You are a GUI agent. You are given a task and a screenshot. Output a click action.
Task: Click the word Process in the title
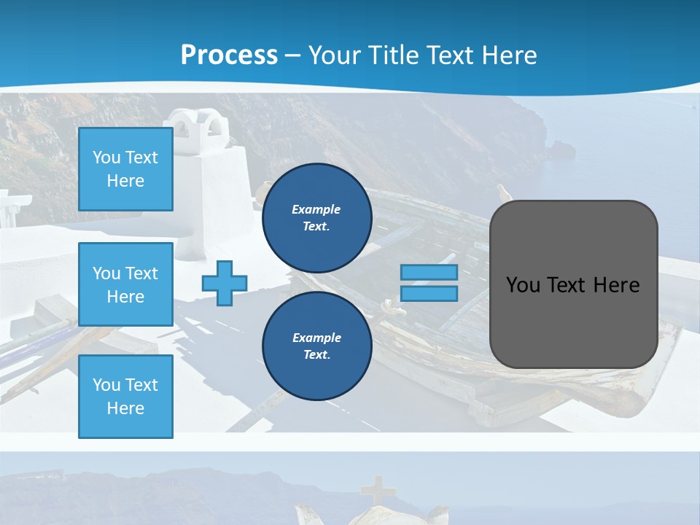229,55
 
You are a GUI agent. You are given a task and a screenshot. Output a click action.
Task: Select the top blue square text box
125,169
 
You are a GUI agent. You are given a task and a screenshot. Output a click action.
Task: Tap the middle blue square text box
125,284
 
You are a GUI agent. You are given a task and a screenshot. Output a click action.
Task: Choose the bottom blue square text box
125,397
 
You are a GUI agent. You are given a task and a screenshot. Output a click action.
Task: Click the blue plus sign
225,284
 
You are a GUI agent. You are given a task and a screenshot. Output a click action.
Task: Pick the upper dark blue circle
316,218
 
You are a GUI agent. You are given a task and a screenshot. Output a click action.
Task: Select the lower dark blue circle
316,346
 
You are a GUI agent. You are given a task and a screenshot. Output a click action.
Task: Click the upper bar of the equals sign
429,273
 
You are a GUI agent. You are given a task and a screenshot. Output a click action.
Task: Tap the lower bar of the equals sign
429,294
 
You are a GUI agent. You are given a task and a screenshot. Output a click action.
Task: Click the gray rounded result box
573,321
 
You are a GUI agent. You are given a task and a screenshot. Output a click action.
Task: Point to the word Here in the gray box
616,285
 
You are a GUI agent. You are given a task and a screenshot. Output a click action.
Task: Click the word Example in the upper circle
316,209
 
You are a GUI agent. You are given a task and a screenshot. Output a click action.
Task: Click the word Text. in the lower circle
316,355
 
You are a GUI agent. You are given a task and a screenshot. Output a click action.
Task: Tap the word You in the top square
106,157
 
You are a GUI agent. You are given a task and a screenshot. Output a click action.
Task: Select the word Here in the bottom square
125,408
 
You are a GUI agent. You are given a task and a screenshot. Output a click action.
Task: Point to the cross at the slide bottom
377,491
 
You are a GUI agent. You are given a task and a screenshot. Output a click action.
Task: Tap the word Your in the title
334,55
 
